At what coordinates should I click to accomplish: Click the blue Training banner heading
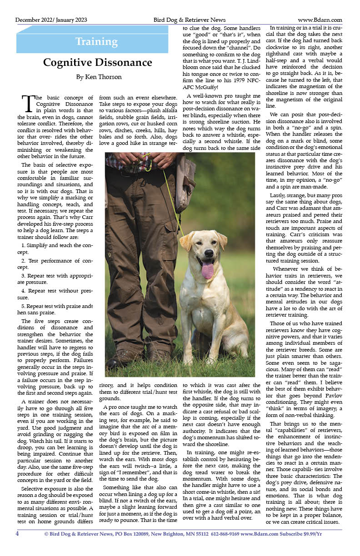[x=96, y=42]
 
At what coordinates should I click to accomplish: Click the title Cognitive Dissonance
[x=97, y=63]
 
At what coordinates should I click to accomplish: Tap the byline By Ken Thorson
[x=99, y=77]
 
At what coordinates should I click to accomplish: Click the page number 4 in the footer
[x=17, y=534]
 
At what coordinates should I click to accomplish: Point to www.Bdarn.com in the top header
[x=320, y=20]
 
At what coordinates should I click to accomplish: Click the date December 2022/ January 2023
[x=51, y=20]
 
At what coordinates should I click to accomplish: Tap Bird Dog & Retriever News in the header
[x=189, y=20]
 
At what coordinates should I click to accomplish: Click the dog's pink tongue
[x=207, y=269]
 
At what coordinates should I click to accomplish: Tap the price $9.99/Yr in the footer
[x=309, y=534]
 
